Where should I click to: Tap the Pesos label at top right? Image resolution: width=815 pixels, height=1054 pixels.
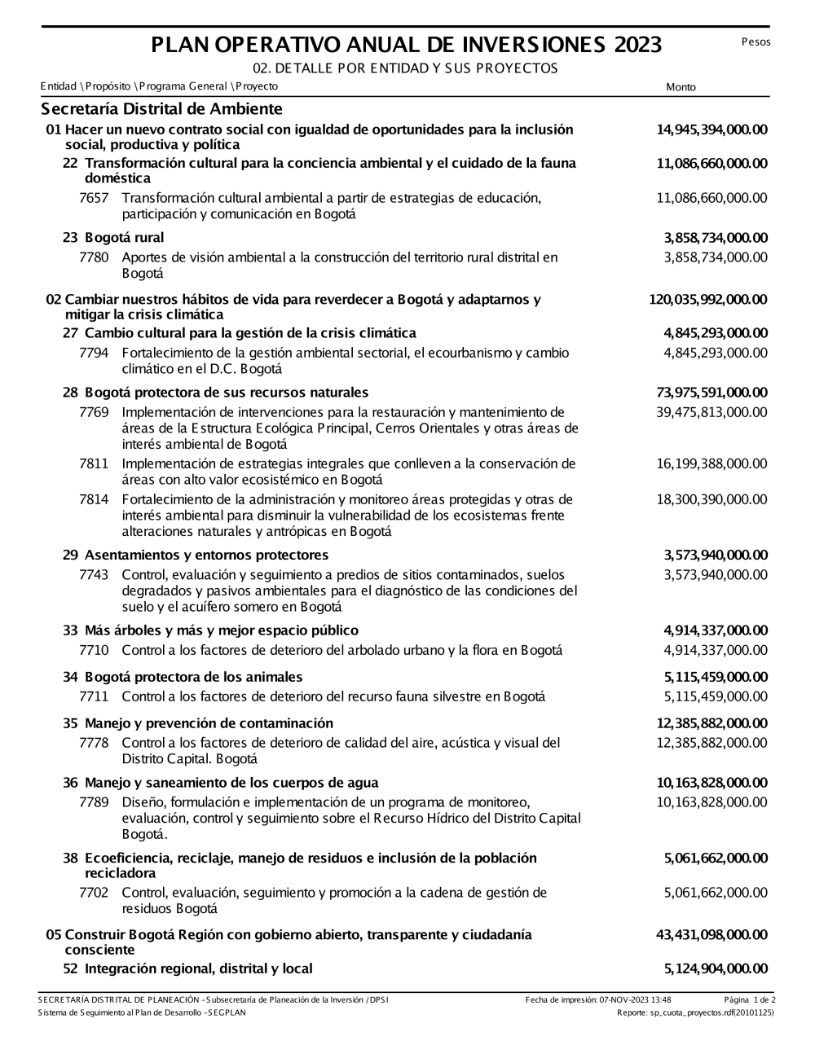click(756, 42)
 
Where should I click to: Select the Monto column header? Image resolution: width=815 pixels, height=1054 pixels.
click(681, 87)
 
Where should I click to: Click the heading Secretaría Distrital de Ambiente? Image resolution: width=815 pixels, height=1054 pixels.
click(161, 109)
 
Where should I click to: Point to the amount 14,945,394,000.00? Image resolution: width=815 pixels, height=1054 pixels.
click(711, 130)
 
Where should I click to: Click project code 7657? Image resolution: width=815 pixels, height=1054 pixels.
click(94, 198)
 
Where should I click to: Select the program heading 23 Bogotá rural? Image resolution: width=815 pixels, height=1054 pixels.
click(113, 238)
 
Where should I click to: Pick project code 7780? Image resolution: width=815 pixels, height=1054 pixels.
click(94, 257)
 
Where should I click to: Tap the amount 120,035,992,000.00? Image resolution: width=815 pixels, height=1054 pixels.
click(707, 300)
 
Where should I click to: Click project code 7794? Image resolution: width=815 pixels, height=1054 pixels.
click(94, 353)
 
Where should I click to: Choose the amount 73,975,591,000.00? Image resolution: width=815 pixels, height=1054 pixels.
click(711, 393)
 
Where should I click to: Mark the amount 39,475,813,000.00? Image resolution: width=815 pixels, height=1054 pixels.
click(711, 412)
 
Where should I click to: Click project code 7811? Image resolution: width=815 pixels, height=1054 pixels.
click(94, 464)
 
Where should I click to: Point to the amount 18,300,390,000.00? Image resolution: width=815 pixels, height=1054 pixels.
click(711, 499)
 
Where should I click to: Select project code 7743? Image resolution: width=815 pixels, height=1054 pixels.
click(94, 575)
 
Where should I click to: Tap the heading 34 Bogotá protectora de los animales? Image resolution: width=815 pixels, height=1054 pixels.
click(183, 677)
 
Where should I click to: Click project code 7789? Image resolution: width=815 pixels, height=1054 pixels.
click(94, 802)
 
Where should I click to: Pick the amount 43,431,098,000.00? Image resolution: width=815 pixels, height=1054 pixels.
click(711, 935)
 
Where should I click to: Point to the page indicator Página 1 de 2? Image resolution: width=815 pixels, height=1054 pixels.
click(749, 999)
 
